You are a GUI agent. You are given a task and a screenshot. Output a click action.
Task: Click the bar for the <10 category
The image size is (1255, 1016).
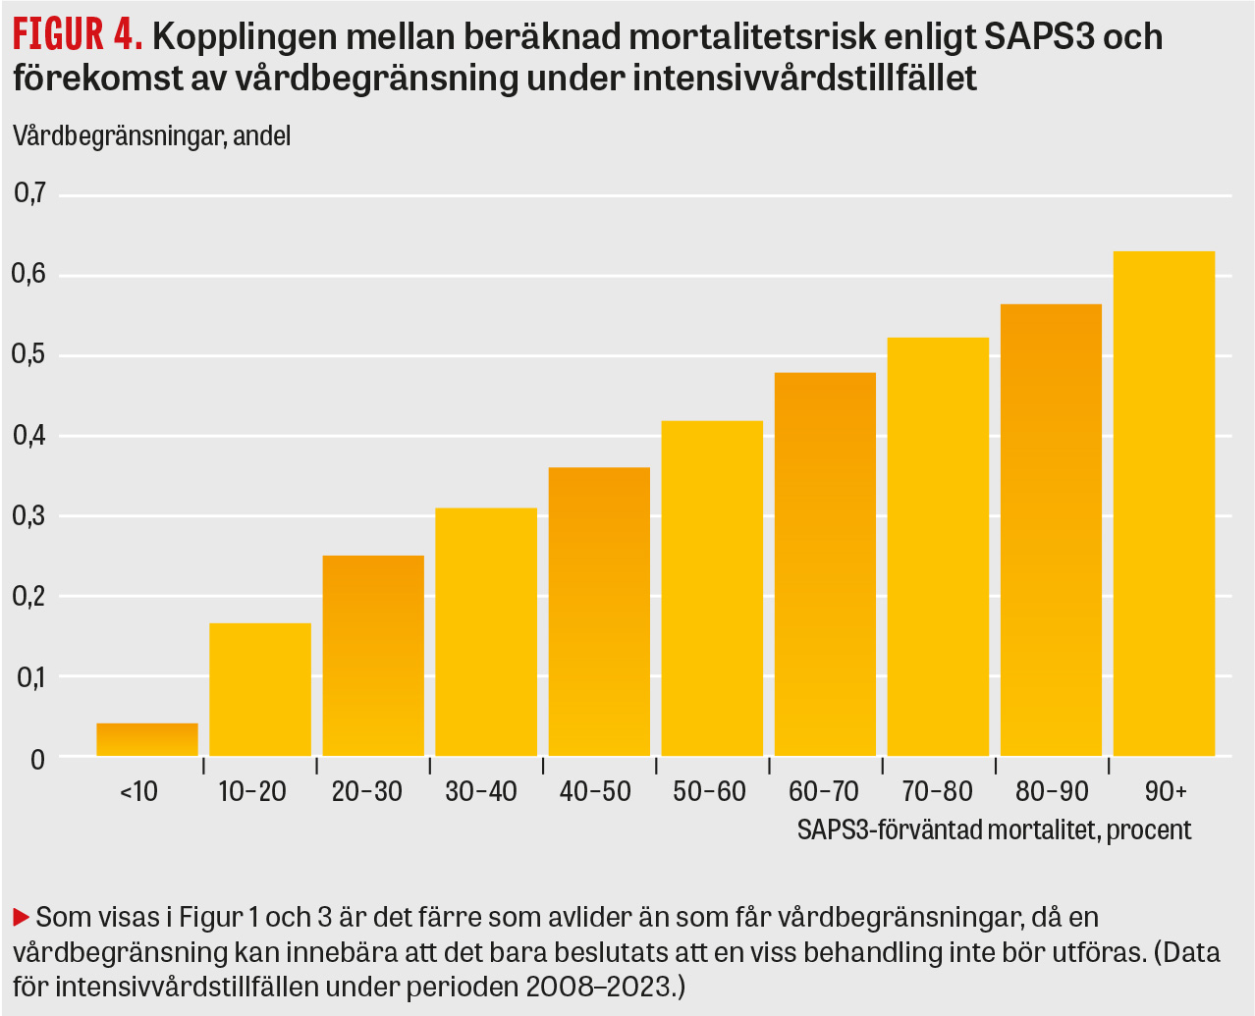147,739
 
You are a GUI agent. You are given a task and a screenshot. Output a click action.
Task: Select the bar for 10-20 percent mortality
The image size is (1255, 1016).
260,689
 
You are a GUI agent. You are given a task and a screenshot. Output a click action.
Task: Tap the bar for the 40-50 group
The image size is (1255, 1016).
599,612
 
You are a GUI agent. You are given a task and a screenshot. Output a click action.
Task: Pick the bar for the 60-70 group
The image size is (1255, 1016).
825,564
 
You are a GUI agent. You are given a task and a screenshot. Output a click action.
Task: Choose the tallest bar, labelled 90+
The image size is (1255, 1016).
1164,504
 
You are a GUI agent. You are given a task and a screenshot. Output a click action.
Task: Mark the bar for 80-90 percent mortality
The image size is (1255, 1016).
1051,530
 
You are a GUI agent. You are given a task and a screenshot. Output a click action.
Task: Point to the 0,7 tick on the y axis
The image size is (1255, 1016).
30,194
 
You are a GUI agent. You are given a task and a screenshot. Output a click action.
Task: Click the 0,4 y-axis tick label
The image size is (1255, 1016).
30,436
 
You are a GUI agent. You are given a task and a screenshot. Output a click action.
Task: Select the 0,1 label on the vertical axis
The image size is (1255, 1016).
30,677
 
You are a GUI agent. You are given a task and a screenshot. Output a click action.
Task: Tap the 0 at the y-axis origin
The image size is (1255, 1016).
37,759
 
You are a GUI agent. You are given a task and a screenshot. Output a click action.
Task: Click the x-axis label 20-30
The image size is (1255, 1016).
366,792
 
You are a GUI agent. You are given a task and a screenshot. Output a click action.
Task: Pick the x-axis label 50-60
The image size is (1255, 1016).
709,792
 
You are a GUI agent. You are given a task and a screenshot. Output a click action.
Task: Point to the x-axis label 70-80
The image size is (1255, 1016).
937,792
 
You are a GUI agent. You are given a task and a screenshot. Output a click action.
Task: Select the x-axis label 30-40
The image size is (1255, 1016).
480,792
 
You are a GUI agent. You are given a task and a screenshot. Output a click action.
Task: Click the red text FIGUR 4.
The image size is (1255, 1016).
78,36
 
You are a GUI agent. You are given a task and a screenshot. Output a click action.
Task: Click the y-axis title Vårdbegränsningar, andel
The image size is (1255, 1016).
152,135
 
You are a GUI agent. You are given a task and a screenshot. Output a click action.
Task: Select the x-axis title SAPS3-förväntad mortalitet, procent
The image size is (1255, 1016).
994,829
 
